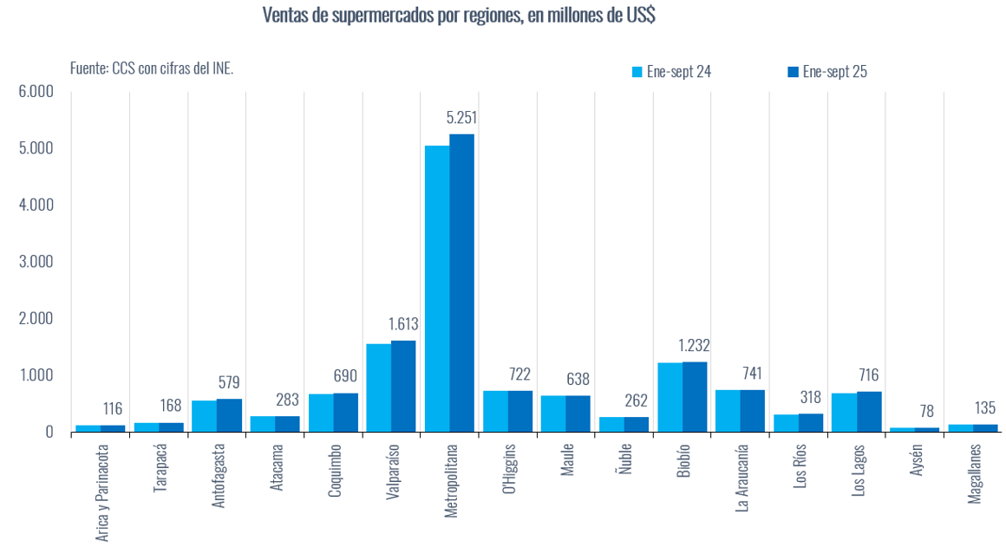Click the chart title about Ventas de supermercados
pyautogui.click(x=457, y=15)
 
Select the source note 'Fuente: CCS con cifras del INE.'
pyautogui.click(x=152, y=68)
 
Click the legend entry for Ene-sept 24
pyautogui.click(x=671, y=72)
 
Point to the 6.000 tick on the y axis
pyautogui.click(x=36, y=92)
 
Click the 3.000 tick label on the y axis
pyautogui.click(x=36, y=262)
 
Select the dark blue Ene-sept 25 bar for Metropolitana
pyautogui.click(x=461, y=283)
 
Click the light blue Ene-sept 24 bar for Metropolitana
pyautogui.click(x=436, y=288)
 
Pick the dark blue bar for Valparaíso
pyautogui.click(x=403, y=386)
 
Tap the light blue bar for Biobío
pyautogui.click(x=669, y=396)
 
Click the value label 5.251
pyautogui.click(x=461, y=118)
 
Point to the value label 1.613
pyautogui.click(x=403, y=324)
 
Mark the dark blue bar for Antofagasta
pyautogui.click(x=229, y=414)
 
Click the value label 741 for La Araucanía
pyautogui.click(x=752, y=374)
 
